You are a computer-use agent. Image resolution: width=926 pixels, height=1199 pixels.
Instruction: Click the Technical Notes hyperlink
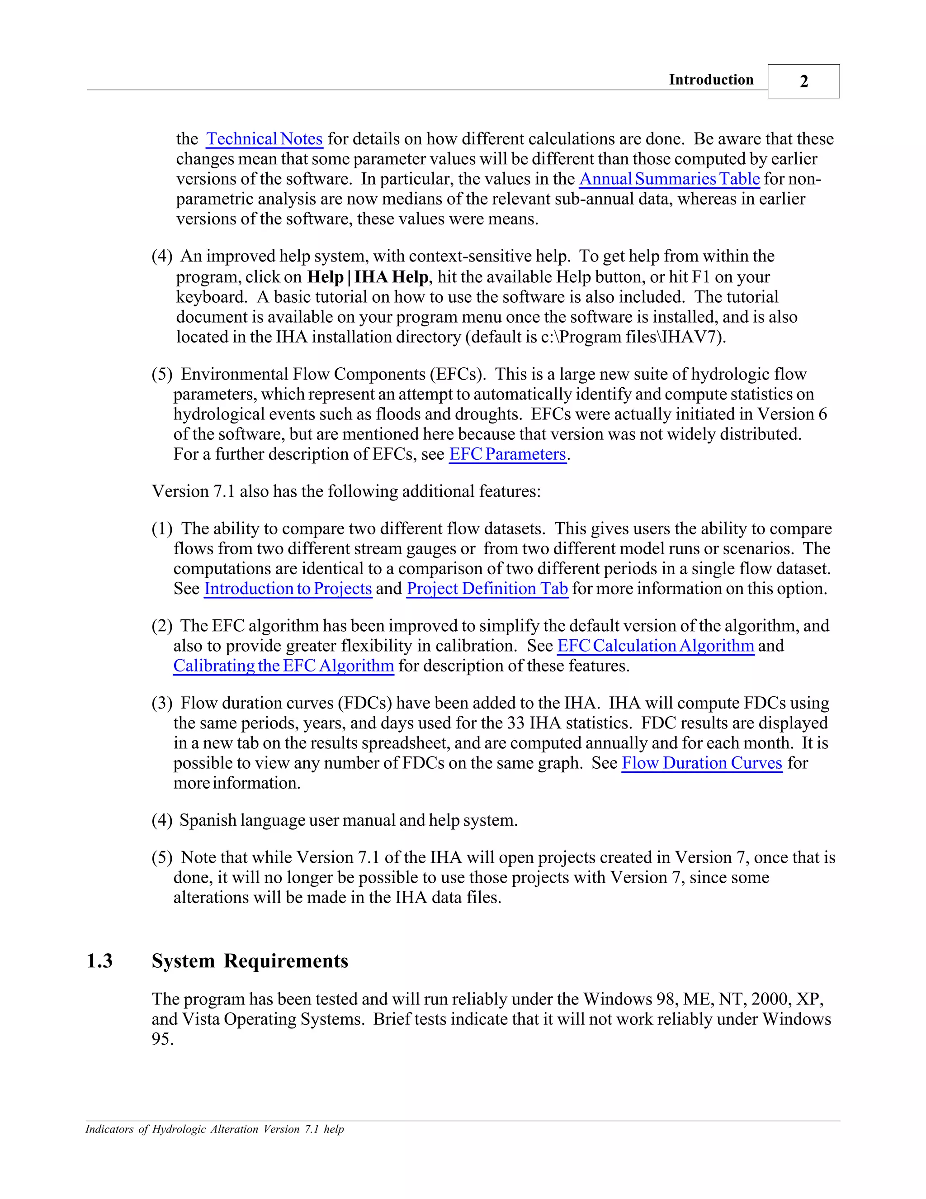tap(264, 139)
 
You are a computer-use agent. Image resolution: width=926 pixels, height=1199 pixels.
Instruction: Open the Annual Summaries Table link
tap(669, 179)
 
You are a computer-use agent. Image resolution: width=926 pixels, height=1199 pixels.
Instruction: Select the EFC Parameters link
tap(507, 455)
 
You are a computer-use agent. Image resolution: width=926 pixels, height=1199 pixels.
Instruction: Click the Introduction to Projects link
tap(288, 589)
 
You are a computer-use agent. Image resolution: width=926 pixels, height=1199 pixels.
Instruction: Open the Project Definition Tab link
tap(487, 589)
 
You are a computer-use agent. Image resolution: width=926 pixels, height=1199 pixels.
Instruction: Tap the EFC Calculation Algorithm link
tap(656, 646)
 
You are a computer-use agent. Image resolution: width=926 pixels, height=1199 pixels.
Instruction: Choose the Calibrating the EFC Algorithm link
tap(283, 666)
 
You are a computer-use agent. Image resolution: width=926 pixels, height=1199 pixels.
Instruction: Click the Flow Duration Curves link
tap(702, 763)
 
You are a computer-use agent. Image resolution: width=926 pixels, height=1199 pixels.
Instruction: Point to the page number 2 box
tap(803, 81)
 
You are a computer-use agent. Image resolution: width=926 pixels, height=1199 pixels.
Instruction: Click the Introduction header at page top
tap(711, 80)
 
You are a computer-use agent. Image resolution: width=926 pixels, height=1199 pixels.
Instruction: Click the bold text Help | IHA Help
tap(368, 277)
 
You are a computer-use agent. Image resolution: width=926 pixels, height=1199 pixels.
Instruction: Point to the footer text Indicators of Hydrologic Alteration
tap(214, 1129)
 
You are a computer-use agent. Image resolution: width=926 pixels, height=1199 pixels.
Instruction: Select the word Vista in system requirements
tap(200, 1019)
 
